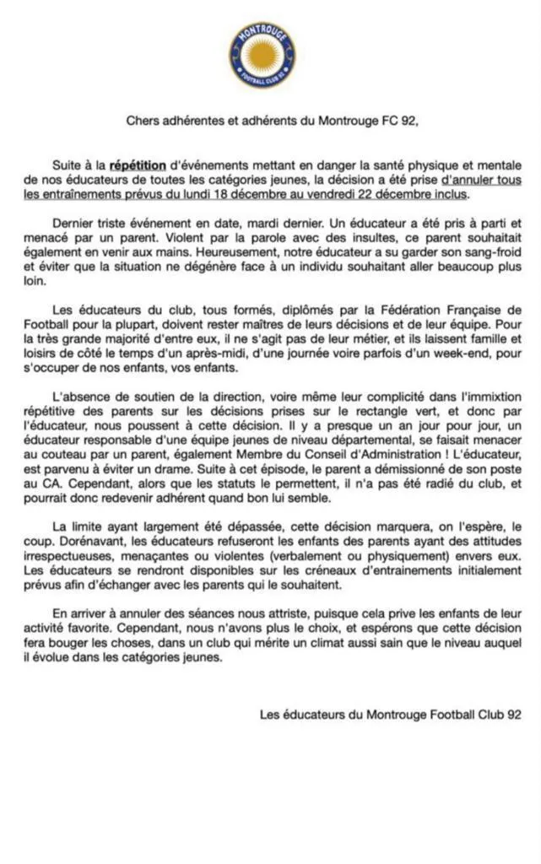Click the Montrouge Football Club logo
(262, 56)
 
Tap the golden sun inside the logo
(262, 56)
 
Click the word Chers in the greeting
(143, 121)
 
